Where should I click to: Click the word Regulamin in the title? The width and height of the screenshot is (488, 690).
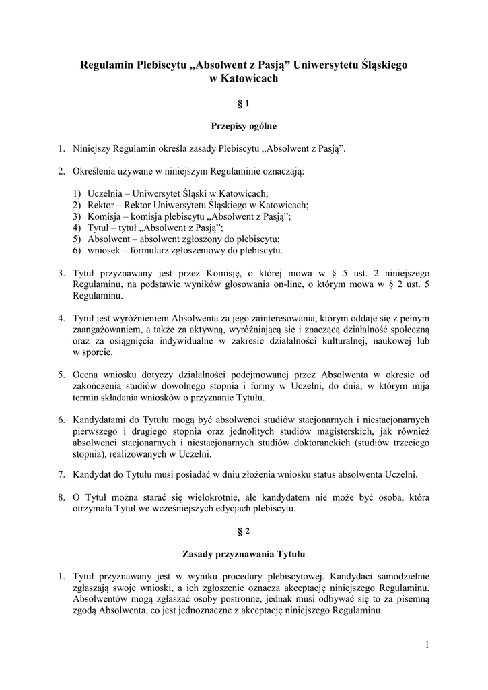[x=106, y=66]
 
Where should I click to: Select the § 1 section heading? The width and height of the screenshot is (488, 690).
[x=244, y=104]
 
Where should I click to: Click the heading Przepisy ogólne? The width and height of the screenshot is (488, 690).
[x=244, y=126]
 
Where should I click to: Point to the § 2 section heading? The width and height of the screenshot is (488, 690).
[x=244, y=531]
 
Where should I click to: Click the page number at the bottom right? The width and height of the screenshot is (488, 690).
[x=427, y=645]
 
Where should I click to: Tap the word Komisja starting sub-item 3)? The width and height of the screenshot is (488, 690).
[x=105, y=216]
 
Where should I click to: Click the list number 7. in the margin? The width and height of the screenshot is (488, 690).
[x=61, y=474]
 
